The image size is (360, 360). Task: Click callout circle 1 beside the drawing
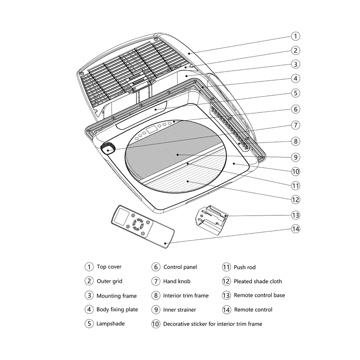coord(295,36)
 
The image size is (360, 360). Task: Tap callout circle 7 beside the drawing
coord(295,125)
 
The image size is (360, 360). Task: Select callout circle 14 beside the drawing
coord(295,229)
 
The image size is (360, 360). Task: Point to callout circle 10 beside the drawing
coord(295,171)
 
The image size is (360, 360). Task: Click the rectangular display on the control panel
coord(151,129)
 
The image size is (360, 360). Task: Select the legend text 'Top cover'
coord(109,267)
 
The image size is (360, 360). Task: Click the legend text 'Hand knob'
coord(177,281)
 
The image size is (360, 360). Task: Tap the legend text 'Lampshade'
coord(111,324)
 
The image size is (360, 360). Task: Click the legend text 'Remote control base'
coord(259,295)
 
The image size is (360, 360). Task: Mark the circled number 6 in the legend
coord(156,267)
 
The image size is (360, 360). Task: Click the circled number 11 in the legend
coord(226,267)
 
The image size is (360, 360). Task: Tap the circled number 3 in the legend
coord(89,296)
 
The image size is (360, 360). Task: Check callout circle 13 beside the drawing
coord(295,215)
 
